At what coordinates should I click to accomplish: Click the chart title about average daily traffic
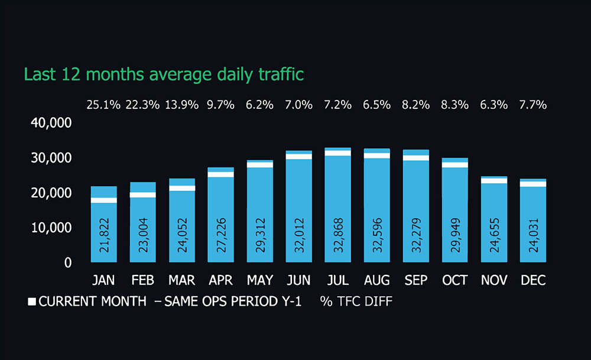[164, 74]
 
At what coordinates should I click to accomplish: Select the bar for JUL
[338, 207]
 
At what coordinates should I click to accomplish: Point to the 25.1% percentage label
[104, 105]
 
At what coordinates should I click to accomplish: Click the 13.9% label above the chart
[182, 105]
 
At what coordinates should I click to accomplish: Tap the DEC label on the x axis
[533, 280]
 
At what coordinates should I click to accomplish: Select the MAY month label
[260, 280]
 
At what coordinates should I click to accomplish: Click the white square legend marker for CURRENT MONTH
[32, 301]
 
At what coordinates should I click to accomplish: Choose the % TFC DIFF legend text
[356, 301]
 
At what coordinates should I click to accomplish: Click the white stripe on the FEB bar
[142, 194]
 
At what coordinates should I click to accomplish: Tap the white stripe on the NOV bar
[493, 180]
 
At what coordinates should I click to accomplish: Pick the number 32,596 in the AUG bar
[377, 233]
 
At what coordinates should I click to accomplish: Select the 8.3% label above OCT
[455, 105]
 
